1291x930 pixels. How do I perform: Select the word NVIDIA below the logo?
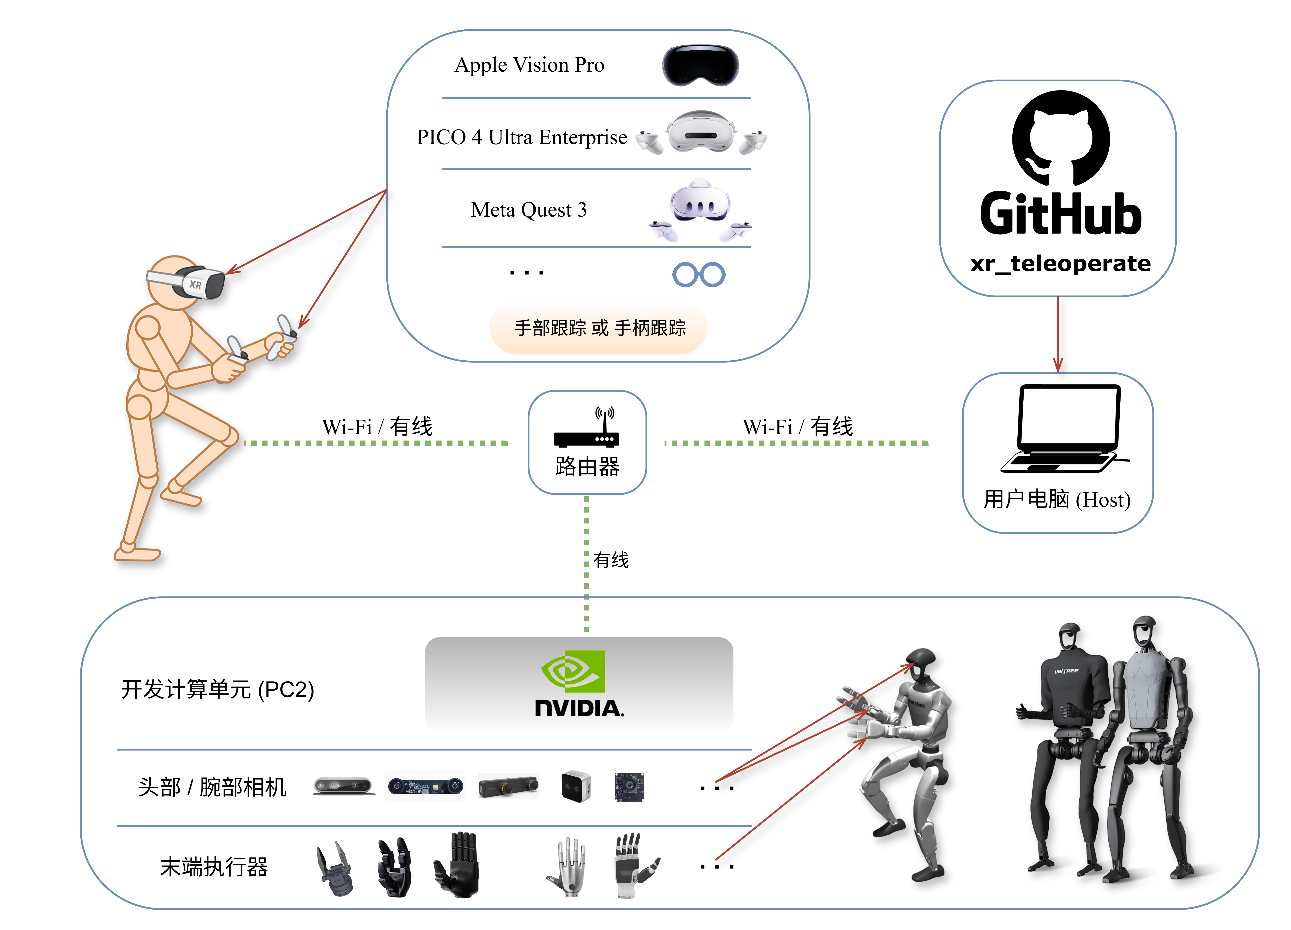pos(579,709)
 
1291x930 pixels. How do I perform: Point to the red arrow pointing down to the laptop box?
pos(1058,336)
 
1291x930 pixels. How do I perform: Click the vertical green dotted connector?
pos(586,563)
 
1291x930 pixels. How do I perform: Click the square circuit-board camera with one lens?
pos(630,787)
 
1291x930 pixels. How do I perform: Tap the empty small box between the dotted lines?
pos(587,442)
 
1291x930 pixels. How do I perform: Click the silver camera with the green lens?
pos(344,786)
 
